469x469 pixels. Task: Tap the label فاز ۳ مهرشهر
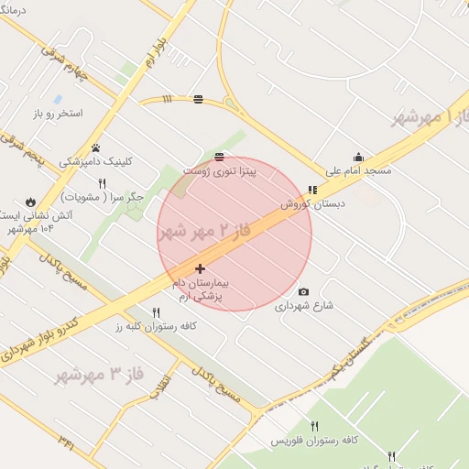(x=101, y=373)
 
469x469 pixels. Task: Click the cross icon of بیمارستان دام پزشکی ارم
(x=201, y=268)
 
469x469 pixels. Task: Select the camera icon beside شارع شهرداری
(x=304, y=292)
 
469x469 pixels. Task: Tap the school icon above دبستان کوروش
(x=312, y=190)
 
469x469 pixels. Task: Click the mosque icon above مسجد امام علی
(x=358, y=157)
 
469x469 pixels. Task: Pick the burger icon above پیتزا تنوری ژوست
(x=218, y=157)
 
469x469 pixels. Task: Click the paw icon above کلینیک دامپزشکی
(x=95, y=147)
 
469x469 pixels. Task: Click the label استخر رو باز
(x=57, y=114)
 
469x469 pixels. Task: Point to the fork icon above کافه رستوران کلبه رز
(x=156, y=312)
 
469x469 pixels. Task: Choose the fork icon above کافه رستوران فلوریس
(x=314, y=426)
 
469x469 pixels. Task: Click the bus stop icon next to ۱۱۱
(x=199, y=99)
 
